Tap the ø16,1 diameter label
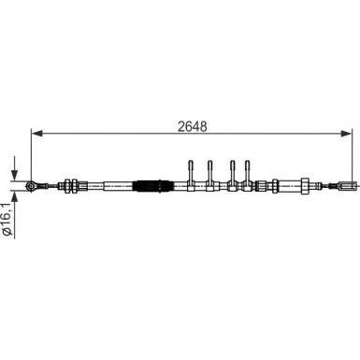[7, 222]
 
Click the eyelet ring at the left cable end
[32, 185]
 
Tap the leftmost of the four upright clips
[192, 172]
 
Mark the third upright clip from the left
[232, 172]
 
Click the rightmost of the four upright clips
[248, 172]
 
